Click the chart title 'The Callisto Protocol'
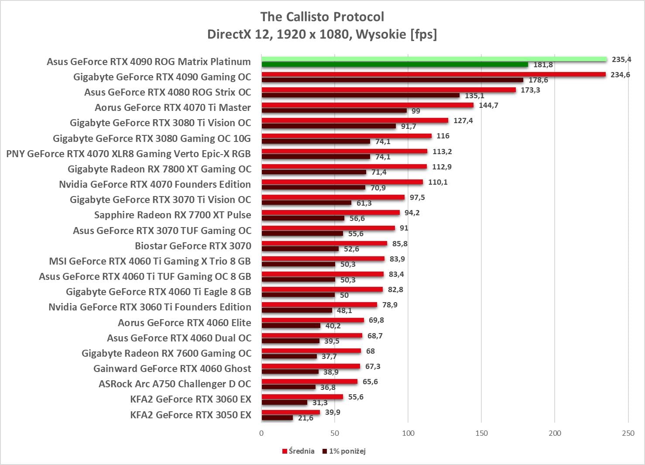click(322, 17)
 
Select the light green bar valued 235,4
click(434, 59)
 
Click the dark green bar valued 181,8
click(395, 65)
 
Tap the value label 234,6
click(620, 75)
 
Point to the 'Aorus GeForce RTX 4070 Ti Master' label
click(173, 107)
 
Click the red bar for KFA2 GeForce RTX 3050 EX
click(291, 412)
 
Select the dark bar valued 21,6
click(277, 418)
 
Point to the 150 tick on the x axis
click(481, 433)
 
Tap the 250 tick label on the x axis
click(628, 433)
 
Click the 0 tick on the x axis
click(261, 433)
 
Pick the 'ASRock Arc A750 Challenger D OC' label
click(175, 384)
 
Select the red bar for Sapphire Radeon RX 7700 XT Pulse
click(330, 213)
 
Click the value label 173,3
click(530, 90)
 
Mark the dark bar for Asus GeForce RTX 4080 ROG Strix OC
click(360, 95)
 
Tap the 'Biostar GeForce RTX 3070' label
click(193, 246)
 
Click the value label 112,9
click(442, 167)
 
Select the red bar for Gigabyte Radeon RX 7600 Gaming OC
click(311, 351)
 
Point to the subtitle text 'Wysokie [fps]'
click(396, 34)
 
